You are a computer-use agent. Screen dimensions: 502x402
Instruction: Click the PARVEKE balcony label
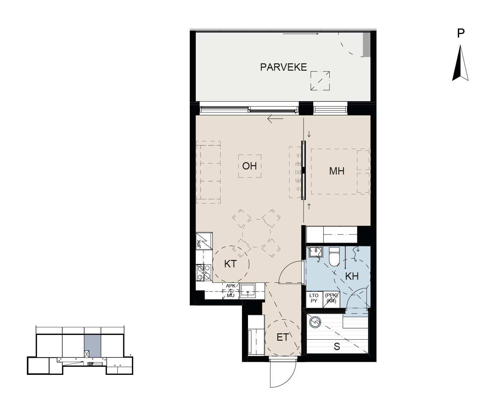click(x=283, y=67)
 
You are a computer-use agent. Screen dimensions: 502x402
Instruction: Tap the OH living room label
click(x=249, y=166)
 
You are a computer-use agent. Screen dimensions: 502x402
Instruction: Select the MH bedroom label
click(x=337, y=171)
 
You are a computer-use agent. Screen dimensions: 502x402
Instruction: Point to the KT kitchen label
click(x=230, y=264)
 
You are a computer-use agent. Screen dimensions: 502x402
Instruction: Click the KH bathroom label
click(x=352, y=276)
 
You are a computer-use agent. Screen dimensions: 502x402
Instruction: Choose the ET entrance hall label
click(x=282, y=337)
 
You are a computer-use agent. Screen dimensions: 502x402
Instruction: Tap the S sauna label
click(x=337, y=347)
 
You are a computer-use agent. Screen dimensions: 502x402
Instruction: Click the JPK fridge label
click(x=199, y=244)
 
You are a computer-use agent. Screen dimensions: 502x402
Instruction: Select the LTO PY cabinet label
click(x=314, y=298)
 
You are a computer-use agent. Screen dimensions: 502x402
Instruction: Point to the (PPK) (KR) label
click(x=331, y=298)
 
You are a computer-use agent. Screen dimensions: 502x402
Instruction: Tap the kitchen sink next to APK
click(x=248, y=291)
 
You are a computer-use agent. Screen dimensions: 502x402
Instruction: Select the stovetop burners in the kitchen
click(x=204, y=272)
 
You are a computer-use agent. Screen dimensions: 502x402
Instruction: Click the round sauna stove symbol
click(x=315, y=322)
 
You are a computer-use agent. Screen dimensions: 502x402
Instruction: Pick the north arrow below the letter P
click(x=460, y=63)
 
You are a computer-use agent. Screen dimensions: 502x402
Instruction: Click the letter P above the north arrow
click(x=461, y=33)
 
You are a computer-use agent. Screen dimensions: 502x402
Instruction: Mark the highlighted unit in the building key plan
click(x=92, y=346)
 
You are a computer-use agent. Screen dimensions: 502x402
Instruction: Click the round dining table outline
click(x=256, y=233)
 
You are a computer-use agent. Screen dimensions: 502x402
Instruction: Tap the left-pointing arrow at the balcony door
click(x=275, y=119)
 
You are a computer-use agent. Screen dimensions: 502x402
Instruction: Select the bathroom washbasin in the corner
click(x=316, y=252)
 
